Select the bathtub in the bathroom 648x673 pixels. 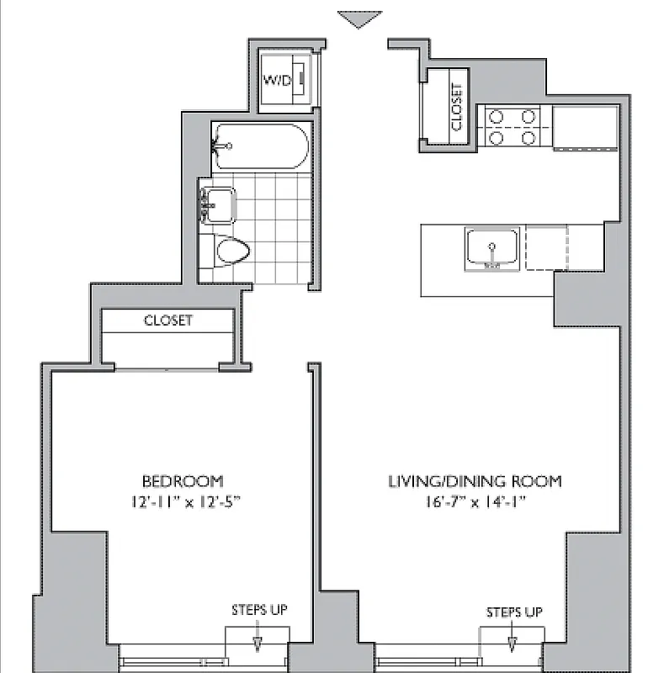click(260, 146)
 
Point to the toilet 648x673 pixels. click(232, 250)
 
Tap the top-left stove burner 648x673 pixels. click(496, 118)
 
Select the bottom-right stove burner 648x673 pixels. click(529, 137)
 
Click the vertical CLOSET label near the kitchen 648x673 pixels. click(456, 107)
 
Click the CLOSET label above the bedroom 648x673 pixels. click(167, 321)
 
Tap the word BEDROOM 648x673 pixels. click(182, 481)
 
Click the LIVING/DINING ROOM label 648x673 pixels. click(474, 481)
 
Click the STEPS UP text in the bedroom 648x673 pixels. click(259, 610)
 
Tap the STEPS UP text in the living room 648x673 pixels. click(513, 612)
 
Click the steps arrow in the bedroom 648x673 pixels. click(258, 644)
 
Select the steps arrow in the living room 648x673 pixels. click(512, 644)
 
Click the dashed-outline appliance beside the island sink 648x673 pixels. click(547, 248)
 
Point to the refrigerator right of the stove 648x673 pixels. click(586, 128)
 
